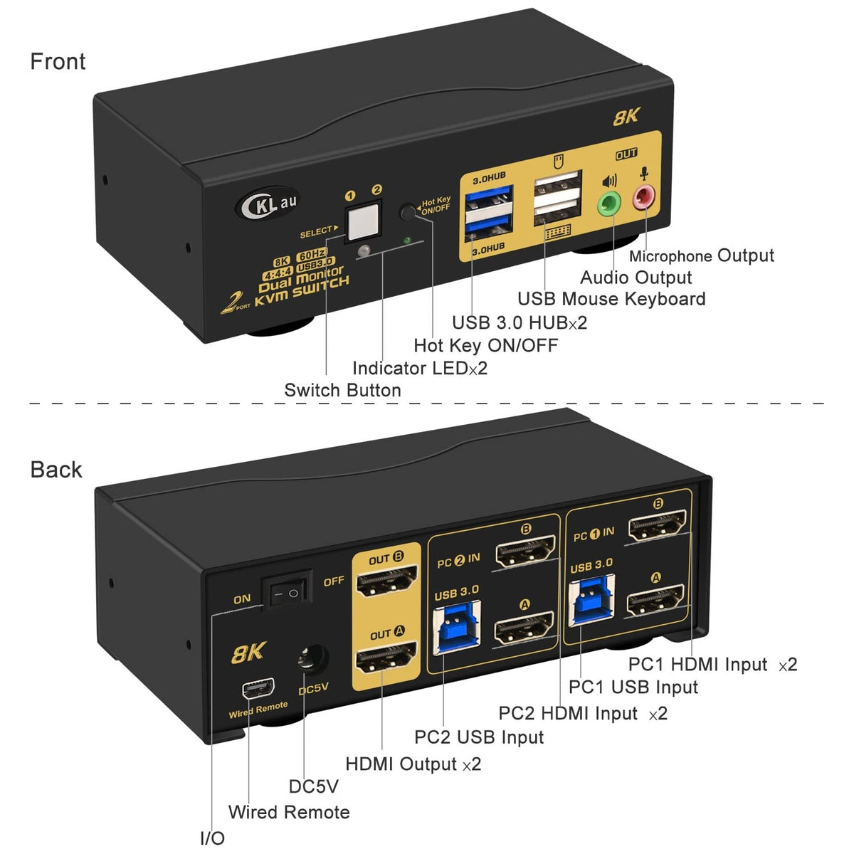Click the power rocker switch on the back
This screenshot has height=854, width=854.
coord(287,591)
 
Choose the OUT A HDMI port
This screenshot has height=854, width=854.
coord(386,658)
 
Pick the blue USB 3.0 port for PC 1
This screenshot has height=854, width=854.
coord(591,600)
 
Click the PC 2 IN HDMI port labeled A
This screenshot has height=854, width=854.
coord(524,627)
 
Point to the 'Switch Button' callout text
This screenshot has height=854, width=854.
coord(342,390)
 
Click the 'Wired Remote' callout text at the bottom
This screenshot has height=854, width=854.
coord(289,812)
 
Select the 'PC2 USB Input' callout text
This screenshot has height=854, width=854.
coord(479,737)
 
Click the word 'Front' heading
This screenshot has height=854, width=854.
coord(58,62)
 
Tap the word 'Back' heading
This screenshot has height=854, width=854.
coord(56,470)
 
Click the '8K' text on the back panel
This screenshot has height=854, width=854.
coord(248,652)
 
